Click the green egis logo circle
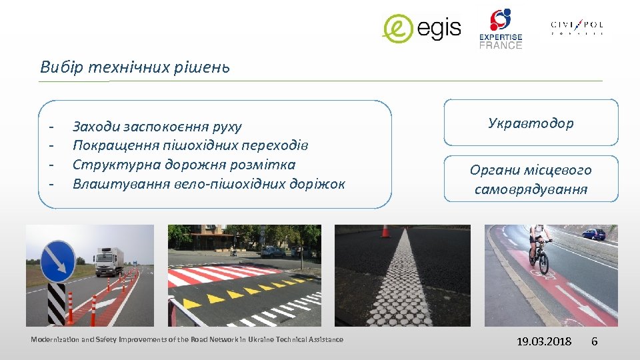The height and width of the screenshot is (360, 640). [398, 29]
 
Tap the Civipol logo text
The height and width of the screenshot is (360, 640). [577, 26]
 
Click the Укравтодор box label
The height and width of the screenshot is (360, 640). [531, 123]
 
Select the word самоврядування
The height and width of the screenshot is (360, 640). [531, 190]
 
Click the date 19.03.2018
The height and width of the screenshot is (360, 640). [545, 341]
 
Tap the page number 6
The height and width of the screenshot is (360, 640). [594, 341]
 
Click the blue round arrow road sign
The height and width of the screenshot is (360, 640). [57, 261]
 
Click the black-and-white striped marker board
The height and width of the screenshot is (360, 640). [57, 304]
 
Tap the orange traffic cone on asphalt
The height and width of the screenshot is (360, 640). [385, 231]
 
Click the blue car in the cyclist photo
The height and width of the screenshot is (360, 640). [593, 234]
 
